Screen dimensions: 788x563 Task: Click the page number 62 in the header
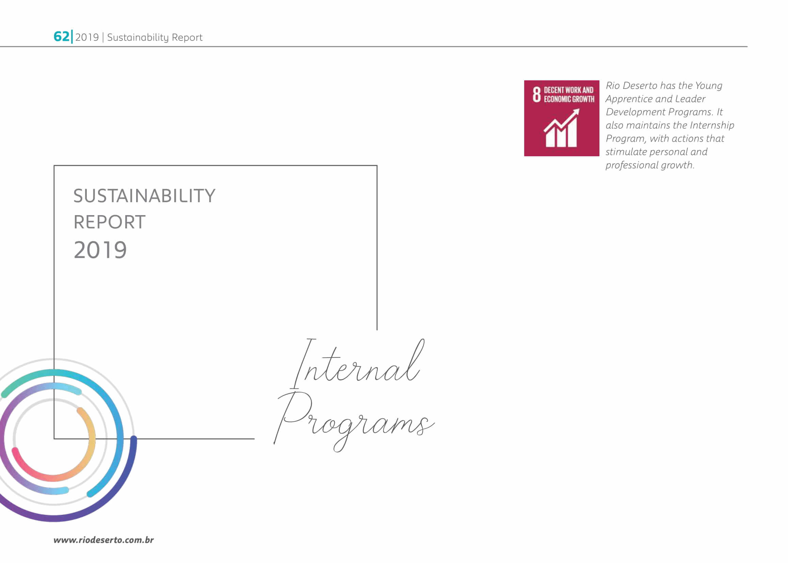[x=61, y=36]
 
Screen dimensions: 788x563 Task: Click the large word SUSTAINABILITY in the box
[x=144, y=196]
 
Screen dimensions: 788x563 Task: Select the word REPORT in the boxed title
[x=110, y=222]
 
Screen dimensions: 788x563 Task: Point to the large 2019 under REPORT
[x=100, y=250]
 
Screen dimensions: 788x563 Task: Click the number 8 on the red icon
[x=537, y=94]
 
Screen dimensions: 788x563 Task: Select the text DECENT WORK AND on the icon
[x=568, y=90]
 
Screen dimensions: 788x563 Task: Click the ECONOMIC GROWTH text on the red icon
[x=569, y=99]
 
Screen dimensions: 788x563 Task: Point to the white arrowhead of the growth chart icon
[x=575, y=113]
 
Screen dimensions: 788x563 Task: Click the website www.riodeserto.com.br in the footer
[x=104, y=540]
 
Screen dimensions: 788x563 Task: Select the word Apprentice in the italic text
[x=628, y=99]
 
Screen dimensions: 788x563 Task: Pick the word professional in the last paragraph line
[x=632, y=165]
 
